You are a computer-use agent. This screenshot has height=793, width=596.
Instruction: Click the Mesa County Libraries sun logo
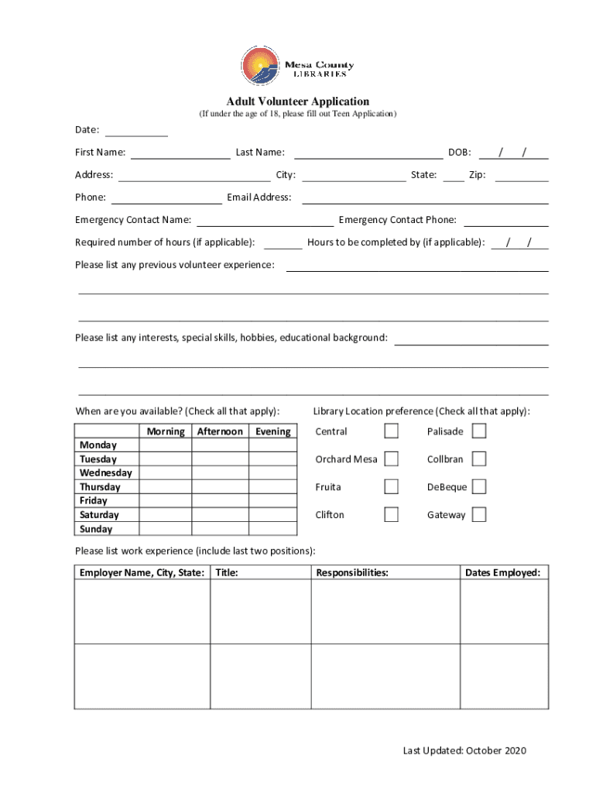point(261,66)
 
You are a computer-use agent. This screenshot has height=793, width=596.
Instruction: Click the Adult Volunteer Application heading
point(297,101)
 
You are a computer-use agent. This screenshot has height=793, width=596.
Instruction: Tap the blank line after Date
point(136,131)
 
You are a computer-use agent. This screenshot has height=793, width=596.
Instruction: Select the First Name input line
point(180,153)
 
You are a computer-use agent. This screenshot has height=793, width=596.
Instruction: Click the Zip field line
point(521,176)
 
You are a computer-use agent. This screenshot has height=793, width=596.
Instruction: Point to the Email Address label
point(259,197)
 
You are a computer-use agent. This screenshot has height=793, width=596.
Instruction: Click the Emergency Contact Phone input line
point(505,221)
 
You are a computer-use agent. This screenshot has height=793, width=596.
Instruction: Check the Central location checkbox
point(392,431)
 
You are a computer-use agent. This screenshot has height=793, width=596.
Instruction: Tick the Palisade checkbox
point(479,431)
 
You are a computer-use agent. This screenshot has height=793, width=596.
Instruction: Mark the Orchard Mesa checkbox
point(392,459)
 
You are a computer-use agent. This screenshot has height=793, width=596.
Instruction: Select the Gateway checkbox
point(479,514)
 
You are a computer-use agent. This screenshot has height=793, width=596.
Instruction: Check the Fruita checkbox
point(392,487)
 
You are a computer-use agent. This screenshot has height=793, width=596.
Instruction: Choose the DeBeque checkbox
point(479,487)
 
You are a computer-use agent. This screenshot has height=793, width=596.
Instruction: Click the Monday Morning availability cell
point(165,445)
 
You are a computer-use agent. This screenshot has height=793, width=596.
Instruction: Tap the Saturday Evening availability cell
point(272,515)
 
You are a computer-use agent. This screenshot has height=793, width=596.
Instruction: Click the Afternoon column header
point(220,431)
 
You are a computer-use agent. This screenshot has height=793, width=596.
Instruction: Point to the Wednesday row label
point(106,473)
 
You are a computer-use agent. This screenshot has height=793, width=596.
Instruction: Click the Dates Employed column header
point(504,573)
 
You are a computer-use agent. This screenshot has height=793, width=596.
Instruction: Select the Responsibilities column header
point(352,573)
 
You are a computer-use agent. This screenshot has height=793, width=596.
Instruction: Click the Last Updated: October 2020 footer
point(464,750)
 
